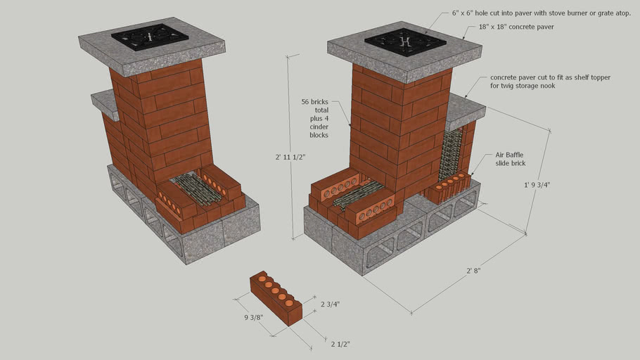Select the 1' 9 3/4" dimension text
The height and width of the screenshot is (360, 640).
click(535, 185)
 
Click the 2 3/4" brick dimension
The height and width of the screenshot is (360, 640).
click(330, 304)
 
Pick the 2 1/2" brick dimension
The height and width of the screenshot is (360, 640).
click(341, 344)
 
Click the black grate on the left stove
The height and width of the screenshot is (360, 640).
click(151, 37)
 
